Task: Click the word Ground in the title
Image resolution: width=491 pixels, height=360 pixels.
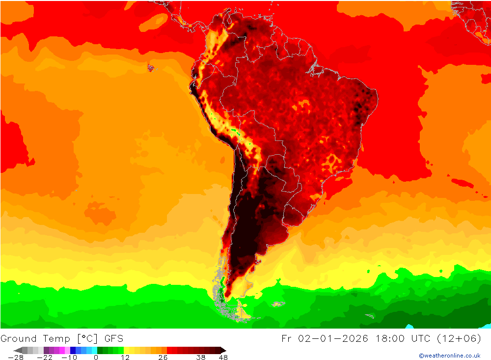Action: point(19,338)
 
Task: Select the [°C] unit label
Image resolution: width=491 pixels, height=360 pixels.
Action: point(86,338)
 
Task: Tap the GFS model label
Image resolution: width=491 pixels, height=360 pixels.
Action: point(113,338)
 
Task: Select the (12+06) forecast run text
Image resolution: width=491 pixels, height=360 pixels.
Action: point(464,338)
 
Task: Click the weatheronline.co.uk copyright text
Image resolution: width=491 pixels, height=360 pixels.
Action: point(449,356)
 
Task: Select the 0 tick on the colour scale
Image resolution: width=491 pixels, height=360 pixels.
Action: point(96,358)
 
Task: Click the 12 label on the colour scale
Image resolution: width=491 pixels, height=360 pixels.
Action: point(126,358)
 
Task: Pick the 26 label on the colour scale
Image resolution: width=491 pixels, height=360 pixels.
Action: point(163,358)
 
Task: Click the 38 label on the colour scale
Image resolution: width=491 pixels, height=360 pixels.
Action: point(200,358)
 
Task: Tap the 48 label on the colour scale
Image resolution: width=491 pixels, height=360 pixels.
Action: point(223,358)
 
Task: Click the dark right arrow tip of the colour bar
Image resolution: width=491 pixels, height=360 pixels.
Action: point(223,350)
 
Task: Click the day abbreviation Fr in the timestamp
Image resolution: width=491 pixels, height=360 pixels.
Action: point(287,338)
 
